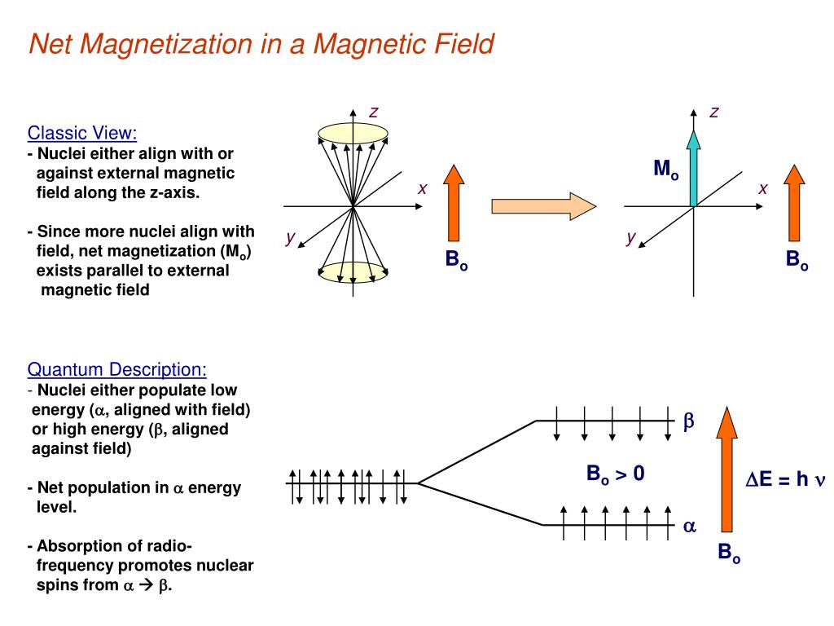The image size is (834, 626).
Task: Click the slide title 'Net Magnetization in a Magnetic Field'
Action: [261, 43]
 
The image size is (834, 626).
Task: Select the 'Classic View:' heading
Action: [82, 133]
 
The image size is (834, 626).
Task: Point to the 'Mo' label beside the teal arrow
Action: [665, 170]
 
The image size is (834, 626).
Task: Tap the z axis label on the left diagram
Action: [373, 112]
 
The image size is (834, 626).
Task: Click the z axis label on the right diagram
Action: [714, 112]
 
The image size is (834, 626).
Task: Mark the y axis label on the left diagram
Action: [289, 237]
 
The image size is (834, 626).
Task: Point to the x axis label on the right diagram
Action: [763, 188]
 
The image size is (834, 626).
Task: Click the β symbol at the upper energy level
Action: [687, 421]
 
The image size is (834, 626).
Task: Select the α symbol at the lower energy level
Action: [689, 527]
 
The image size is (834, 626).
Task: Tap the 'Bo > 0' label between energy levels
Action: [616, 474]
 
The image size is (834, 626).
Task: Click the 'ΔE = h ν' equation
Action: [786, 479]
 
